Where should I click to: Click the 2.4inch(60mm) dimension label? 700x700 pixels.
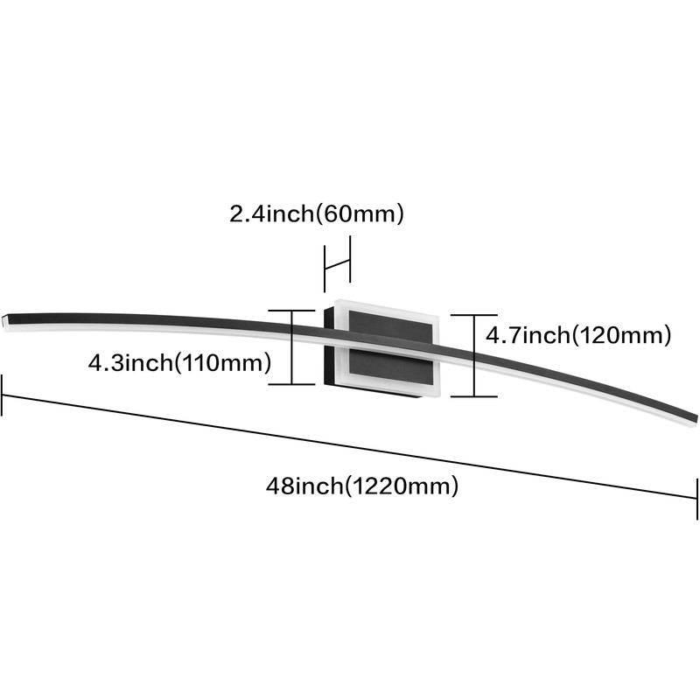[x=317, y=213]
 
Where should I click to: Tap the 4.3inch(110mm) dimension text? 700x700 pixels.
[x=179, y=362]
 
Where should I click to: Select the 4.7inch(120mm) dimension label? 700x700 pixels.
[x=578, y=335]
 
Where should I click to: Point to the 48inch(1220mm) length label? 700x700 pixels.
[x=362, y=486]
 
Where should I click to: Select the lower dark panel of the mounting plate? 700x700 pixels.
[x=390, y=367]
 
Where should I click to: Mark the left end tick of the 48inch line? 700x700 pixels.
[x=3, y=395]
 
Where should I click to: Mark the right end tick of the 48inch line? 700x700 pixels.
[x=696, y=498]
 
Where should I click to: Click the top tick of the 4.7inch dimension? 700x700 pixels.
[x=473, y=315]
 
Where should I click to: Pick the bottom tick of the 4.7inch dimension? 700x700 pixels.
[x=473, y=396]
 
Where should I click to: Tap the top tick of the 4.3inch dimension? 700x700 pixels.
[x=291, y=311]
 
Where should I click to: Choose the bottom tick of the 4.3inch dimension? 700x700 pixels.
[x=291, y=383]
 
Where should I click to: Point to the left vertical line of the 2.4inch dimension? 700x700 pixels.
[x=325, y=269]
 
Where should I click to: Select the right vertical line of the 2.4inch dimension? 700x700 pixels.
[x=350, y=259]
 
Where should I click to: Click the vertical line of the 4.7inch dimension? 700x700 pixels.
[x=473, y=355]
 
